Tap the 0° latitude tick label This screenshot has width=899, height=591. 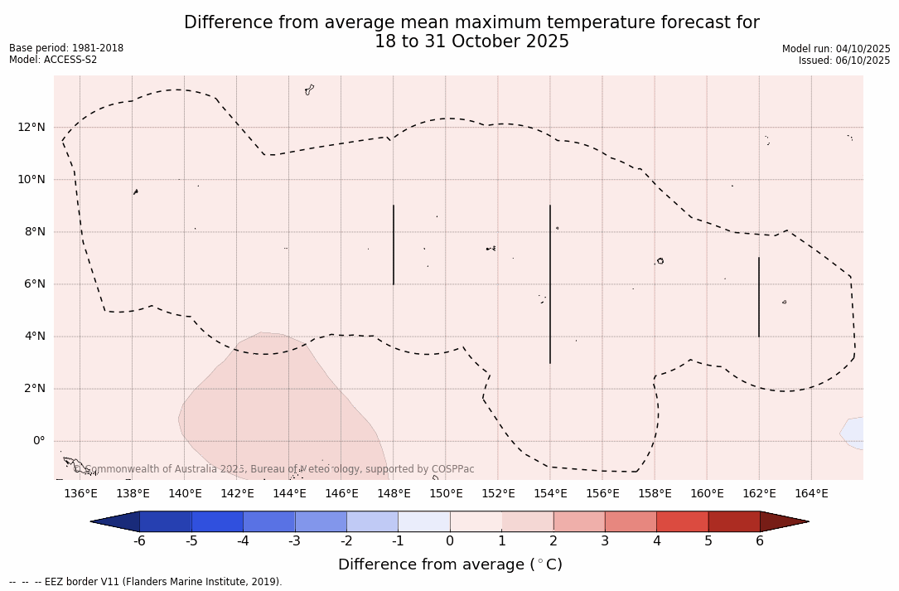(39, 441)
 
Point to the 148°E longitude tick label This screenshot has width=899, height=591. (394, 494)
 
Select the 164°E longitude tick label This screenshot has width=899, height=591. (811, 494)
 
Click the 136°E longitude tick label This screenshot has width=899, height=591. (80, 494)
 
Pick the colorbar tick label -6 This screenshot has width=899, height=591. (139, 541)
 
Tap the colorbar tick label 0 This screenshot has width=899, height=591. (450, 541)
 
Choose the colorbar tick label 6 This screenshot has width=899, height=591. (760, 541)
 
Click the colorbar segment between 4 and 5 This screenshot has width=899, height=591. (682, 521)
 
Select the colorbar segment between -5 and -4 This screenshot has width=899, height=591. (217, 521)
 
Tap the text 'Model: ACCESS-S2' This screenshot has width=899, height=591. (53, 60)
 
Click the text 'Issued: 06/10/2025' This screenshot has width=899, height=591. (844, 61)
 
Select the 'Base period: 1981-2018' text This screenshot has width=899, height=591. (66, 48)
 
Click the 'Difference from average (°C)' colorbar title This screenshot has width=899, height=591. (450, 564)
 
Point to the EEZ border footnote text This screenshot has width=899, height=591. (146, 582)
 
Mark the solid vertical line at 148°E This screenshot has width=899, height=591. (394, 245)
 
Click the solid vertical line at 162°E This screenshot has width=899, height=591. (759, 297)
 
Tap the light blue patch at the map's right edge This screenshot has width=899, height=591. (853, 433)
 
